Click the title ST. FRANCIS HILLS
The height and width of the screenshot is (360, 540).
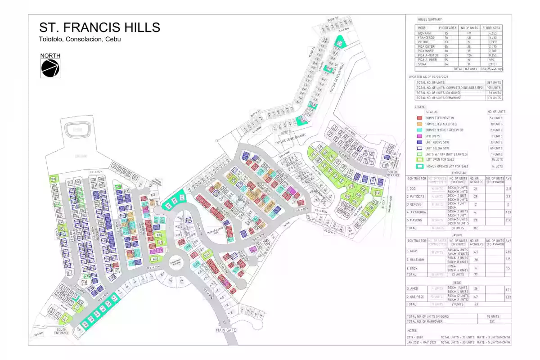(x=99, y=27)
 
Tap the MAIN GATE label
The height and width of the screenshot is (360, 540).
(x=225, y=330)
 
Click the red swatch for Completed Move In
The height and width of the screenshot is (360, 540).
(x=419, y=118)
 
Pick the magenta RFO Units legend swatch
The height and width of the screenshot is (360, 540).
(x=419, y=136)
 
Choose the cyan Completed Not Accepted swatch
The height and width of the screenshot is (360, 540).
(x=419, y=130)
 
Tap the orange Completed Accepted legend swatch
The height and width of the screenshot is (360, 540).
(x=419, y=124)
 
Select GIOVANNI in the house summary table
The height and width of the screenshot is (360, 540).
(x=426, y=33)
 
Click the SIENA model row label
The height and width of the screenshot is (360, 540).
(x=423, y=65)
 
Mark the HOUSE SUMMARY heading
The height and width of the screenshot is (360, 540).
(x=429, y=20)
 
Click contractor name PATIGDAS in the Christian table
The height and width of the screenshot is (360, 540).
(x=417, y=197)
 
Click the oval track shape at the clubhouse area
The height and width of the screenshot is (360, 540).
(x=78, y=130)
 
